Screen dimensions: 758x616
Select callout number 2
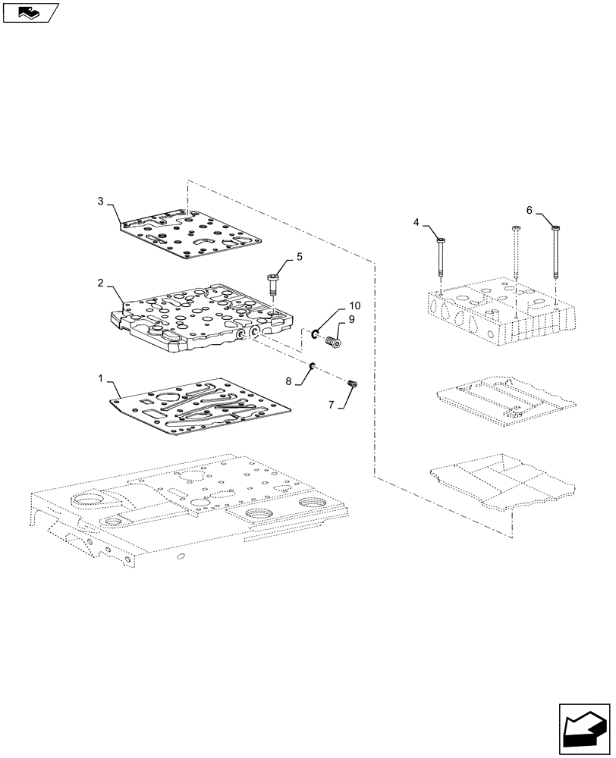(x=101, y=282)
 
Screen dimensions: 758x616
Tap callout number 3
(x=101, y=200)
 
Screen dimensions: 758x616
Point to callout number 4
(x=416, y=222)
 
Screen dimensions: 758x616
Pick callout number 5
(x=299, y=257)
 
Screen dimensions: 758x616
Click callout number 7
(x=331, y=406)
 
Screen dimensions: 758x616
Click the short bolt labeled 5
(x=273, y=287)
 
